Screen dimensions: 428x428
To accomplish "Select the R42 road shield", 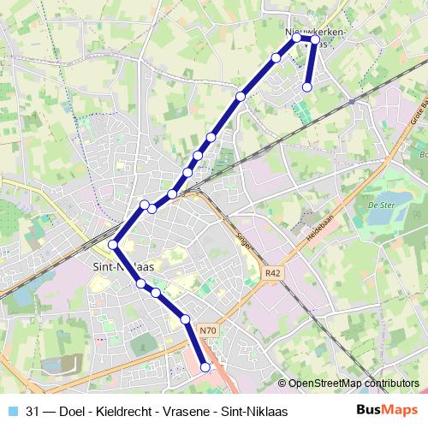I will [273, 273].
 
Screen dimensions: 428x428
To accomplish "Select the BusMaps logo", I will [388, 410].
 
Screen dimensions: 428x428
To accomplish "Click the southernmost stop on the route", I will [205, 367].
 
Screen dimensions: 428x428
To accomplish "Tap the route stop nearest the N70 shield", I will [185, 319].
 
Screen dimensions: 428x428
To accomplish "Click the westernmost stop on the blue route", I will [113, 245].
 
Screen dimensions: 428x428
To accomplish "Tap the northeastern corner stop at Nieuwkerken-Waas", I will [315, 39].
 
